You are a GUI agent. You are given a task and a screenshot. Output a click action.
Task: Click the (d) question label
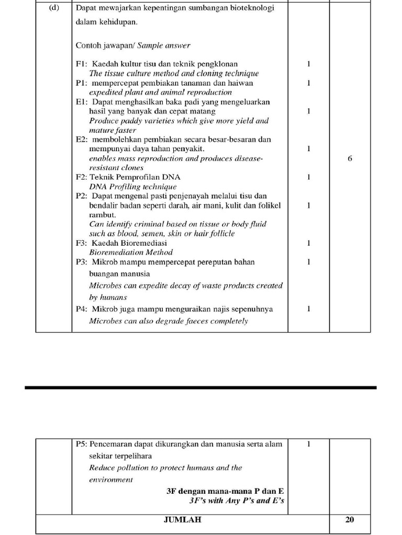[54, 8]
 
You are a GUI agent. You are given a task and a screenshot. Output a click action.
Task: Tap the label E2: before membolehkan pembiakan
[82, 139]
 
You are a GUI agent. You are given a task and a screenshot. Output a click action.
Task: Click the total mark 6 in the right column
[350, 158]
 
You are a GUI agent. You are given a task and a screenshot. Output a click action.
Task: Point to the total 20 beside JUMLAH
[350, 520]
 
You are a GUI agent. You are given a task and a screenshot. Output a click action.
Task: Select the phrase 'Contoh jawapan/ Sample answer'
[133, 45]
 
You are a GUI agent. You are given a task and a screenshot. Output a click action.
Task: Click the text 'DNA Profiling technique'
[133, 187]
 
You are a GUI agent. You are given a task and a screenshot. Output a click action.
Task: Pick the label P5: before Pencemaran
[82, 444]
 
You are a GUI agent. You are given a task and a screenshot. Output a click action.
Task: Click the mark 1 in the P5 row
[309, 444]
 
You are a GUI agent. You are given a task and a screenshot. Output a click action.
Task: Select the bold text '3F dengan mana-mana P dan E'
[225, 491]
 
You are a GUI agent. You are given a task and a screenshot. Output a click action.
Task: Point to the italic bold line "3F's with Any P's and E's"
[237, 501]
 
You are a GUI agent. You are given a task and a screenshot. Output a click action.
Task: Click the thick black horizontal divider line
[200, 388]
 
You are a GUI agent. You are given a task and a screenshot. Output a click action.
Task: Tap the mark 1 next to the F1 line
[309, 64]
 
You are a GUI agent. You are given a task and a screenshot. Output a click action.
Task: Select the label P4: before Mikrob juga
[82, 309]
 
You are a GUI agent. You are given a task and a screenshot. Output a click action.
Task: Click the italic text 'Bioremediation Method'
[131, 252]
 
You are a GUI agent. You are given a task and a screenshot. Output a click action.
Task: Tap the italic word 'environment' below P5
[111, 480]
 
